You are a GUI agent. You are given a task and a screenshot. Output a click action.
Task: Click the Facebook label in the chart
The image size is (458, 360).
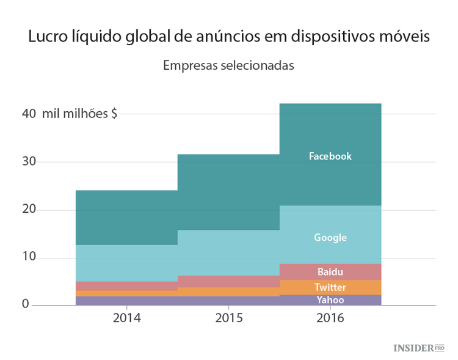tap(330, 156)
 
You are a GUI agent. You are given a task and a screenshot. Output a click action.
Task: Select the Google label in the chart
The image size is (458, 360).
tap(330, 237)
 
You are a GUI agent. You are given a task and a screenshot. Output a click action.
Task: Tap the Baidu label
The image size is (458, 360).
tap(330, 271)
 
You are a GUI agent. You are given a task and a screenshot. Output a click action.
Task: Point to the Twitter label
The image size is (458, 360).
tap(330, 287)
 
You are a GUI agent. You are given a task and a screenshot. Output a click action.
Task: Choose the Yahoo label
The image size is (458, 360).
tap(330, 299)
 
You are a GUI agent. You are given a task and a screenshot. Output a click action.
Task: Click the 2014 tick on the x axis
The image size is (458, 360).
tap(126, 318)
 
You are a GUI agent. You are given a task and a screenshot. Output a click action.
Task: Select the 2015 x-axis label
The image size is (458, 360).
tap(228, 318)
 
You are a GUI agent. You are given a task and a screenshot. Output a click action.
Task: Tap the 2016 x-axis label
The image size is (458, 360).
tap(330, 318)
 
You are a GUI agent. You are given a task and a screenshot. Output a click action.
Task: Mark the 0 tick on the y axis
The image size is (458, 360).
tap(26, 304)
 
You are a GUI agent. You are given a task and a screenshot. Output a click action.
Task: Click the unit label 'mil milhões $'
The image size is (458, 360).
tap(79, 114)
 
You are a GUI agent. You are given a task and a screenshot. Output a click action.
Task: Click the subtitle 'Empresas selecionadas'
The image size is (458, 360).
tap(228, 65)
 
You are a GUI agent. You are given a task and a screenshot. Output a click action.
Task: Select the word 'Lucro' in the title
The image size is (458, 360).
tap(46, 37)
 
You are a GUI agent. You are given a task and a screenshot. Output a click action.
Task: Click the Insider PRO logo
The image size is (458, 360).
tap(418, 348)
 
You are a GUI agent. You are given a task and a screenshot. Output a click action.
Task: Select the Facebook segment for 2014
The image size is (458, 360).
tap(126, 218)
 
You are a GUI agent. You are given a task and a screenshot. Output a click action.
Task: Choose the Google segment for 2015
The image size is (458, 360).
tap(228, 252)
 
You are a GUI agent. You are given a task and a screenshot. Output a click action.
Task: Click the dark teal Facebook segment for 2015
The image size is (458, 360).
tap(228, 192)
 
